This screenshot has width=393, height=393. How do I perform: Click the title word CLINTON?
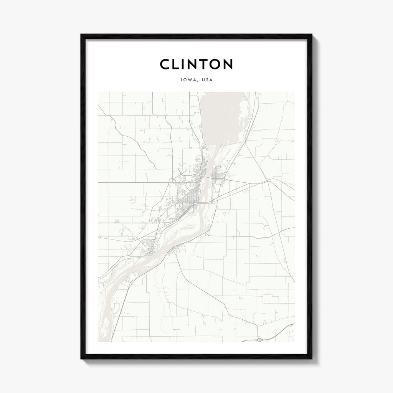(x=196, y=64)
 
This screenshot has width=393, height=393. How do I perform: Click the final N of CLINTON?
(x=227, y=64)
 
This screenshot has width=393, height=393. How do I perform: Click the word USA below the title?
(x=207, y=81)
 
